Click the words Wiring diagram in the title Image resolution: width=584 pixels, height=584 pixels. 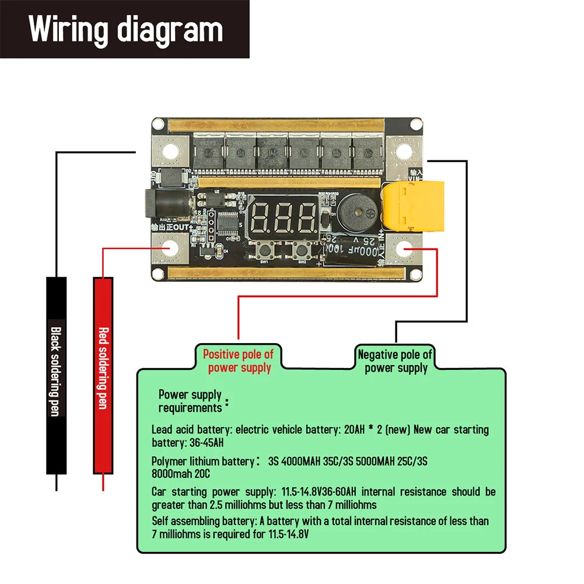tap(126, 29)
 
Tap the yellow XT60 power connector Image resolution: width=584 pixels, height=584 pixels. tap(412, 205)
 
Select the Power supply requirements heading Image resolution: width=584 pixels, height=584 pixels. tap(190, 401)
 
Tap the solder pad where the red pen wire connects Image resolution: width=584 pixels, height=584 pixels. tap(170, 248)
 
